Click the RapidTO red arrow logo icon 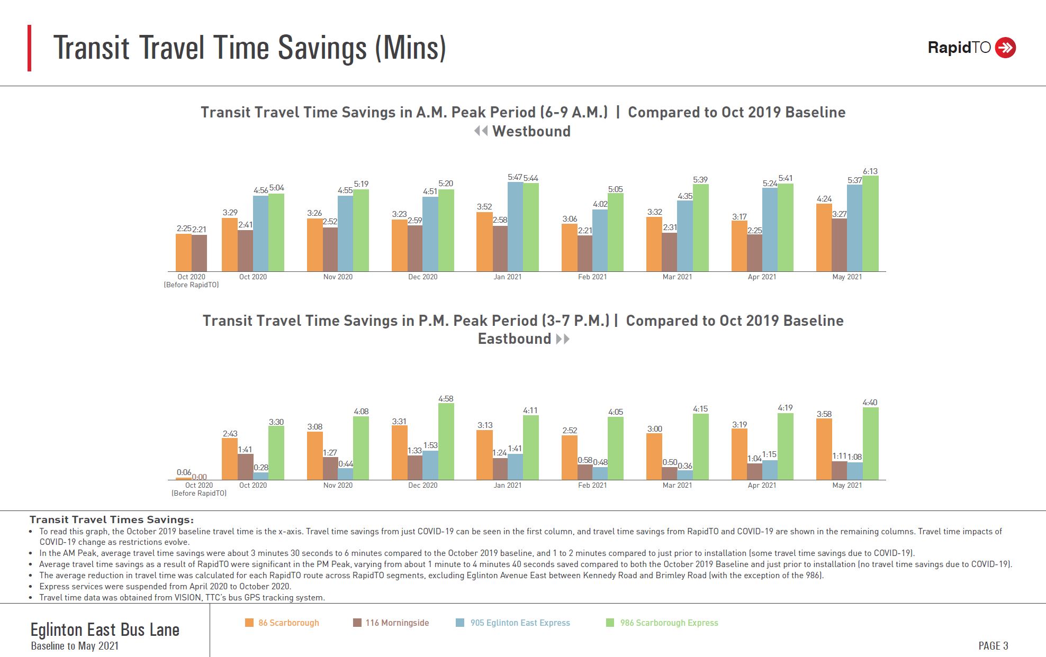click(1005, 48)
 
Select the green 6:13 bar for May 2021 click(870, 224)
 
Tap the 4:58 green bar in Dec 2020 click(446, 442)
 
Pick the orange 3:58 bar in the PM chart click(824, 449)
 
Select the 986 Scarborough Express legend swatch click(610, 623)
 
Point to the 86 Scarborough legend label click(288, 623)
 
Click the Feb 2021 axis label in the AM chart click(592, 277)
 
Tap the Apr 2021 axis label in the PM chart click(762, 485)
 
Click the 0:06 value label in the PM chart click(184, 472)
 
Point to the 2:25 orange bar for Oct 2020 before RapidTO click(184, 253)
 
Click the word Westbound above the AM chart click(531, 131)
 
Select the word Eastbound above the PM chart click(514, 339)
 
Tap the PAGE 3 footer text click(993, 645)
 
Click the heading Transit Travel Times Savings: click(112, 519)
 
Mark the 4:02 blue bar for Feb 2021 click(600, 241)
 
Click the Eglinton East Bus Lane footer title click(105, 629)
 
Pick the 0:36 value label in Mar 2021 click(684, 466)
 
